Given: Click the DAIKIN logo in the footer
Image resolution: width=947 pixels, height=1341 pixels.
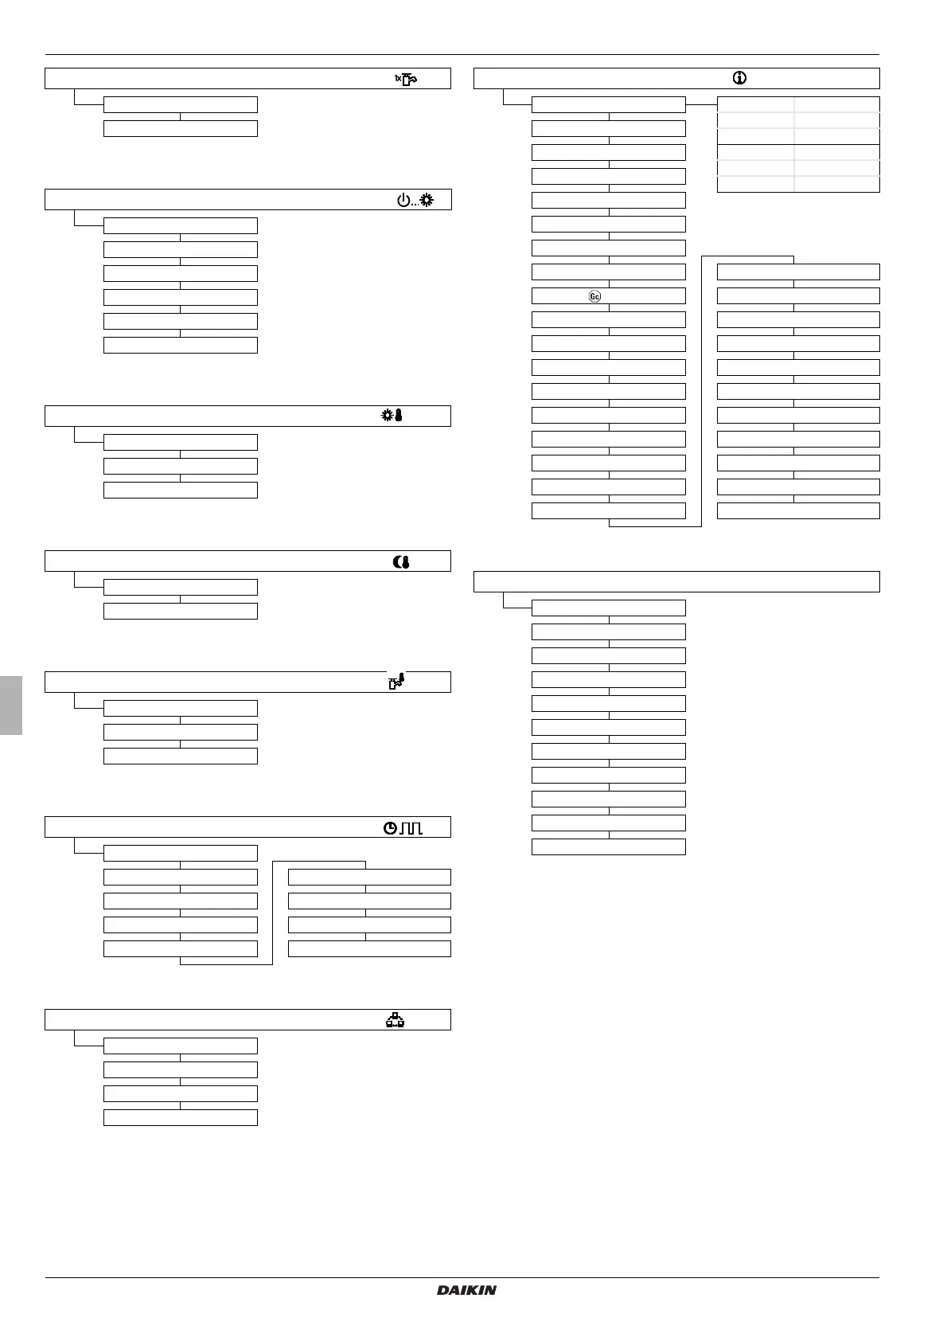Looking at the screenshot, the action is (x=466, y=1289).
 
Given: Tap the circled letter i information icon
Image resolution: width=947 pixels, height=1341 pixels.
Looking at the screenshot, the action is (x=739, y=78).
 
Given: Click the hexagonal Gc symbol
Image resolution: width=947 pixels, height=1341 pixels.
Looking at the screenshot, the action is (x=594, y=296).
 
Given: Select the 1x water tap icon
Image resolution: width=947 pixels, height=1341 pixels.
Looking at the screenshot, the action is (x=406, y=78).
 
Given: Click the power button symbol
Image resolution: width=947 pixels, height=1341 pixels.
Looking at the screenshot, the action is (x=403, y=200).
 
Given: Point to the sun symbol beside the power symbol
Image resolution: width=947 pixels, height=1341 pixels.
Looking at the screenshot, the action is (x=427, y=200).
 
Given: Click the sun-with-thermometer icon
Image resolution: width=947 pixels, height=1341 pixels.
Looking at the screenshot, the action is (x=392, y=416).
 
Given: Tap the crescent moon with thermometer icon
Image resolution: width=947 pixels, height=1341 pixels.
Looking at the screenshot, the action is (x=401, y=561).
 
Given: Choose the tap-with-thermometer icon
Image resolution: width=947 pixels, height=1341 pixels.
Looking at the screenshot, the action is (x=396, y=682).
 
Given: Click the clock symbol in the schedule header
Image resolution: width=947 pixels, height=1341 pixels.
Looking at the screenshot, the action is (x=390, y=828).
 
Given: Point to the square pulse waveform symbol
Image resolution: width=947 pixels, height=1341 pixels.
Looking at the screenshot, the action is (x=411, y=828).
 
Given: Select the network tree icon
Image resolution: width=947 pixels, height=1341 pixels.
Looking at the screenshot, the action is (x=395, y=1019).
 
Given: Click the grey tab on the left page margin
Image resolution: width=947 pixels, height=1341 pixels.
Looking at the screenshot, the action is (x=10, y=706).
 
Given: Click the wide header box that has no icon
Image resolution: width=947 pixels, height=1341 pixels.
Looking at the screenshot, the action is (x=676, y=581).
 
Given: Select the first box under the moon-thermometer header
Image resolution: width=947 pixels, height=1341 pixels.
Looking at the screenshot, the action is (x=181, y=587).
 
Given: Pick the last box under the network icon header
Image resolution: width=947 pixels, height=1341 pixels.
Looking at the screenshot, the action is (x=181, y=1117).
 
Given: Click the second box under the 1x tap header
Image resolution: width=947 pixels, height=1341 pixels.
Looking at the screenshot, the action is (x=181, y=128).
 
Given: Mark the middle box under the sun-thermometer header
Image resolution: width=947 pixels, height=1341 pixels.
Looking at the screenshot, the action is (x=181, y=466).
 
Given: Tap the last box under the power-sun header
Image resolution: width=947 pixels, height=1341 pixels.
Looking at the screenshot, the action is (x=181, y=345).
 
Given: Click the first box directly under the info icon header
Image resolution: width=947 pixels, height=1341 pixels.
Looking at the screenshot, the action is (x=608, y=104).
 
